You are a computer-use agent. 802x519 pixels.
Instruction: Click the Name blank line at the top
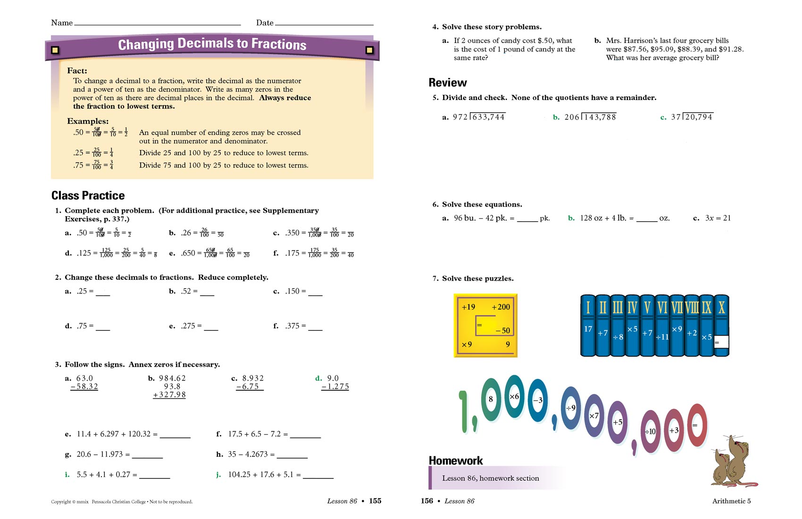(x=158, y=24)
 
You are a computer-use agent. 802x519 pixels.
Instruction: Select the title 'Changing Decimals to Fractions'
(x=212, y=44)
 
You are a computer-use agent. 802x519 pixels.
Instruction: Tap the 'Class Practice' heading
(x=88, y=196)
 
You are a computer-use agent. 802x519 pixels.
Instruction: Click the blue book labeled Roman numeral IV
(x=632, y=326)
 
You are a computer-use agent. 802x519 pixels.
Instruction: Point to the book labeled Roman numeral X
(x=722, y=326)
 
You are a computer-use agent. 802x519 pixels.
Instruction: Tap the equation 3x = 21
(x=718, y=218)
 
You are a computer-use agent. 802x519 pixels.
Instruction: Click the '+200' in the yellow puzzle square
(x=501, y=307)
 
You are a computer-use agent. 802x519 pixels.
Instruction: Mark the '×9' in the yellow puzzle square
(x=467, y=344)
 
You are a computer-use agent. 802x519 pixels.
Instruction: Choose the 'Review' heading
(x=448, y=83)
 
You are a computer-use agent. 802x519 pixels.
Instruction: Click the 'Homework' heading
(x=456, y=460)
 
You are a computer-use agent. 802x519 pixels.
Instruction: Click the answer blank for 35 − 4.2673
(x=292, y=455)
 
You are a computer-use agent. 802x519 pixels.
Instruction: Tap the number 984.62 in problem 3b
(x=172, y=378)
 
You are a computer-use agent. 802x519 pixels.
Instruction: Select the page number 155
(x=375, y=501)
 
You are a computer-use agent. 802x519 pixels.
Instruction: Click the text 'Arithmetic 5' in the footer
(x=731, y=501)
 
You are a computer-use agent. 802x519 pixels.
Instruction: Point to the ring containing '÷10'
(x=650, y=431)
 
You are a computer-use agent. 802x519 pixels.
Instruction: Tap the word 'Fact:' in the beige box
(x=77, y=71)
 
